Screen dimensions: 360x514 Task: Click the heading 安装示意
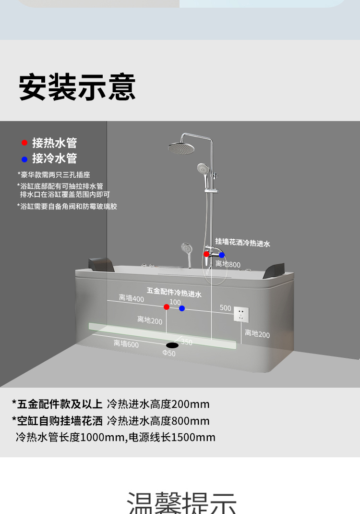(77, 87)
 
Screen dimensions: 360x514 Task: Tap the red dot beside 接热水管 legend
(24, 143)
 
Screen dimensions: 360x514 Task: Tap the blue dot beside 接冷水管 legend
(24, 159)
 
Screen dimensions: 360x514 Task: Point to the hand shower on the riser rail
(204, 169)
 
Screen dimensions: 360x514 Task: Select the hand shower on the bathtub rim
(187, 250)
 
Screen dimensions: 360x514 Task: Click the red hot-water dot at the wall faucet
(206, 254)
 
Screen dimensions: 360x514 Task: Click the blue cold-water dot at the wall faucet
(221, 255)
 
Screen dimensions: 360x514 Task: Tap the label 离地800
(228, 264)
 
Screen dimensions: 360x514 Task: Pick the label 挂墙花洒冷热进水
(242, 243)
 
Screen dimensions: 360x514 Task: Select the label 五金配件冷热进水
(174, 292)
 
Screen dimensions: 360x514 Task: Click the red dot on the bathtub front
(166, 306)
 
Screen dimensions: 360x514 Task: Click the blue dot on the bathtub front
(182, 308)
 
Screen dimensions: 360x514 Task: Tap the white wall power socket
(241, 315)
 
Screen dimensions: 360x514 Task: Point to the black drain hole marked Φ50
(172, 345)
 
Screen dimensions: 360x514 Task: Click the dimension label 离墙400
(131, 298)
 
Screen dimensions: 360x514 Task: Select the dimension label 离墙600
(126, 343)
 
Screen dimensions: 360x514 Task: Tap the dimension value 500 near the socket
(226, 308)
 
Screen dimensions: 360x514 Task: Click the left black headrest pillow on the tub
(101, 264)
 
